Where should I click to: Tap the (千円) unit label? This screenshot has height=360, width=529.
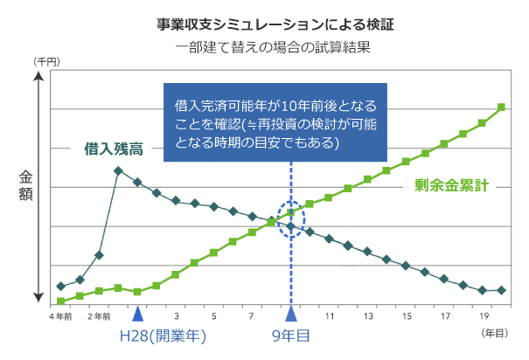coord(45,62)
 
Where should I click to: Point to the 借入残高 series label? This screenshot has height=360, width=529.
coord(114,148)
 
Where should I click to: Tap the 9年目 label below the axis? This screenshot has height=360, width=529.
coord(291,334)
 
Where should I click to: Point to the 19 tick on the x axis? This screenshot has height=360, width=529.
coord(484,316)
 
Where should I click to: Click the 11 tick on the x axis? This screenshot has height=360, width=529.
coord(330,316)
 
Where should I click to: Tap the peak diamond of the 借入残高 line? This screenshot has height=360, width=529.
coord(118,170)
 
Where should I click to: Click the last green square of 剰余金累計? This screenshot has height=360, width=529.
coord(502,107)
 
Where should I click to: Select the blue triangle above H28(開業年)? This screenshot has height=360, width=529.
coord(137,313)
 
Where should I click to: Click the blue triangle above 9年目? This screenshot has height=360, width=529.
coord(291,313)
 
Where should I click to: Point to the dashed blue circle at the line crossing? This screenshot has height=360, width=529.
coord(291,218)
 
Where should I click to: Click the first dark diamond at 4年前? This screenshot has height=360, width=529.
coord(60,287)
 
